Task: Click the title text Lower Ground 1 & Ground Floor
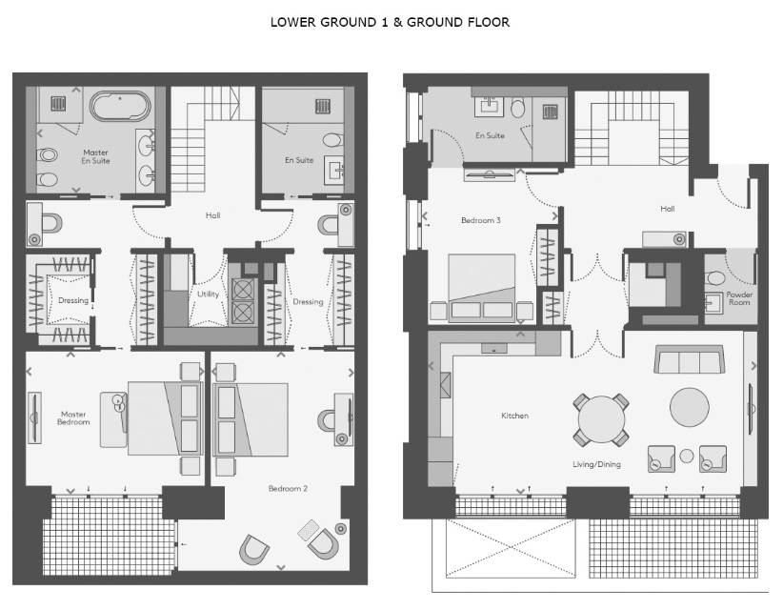(390, 23)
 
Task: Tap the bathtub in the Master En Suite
(120, 106)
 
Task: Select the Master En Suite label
(95, 156)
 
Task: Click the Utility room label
(209, 294)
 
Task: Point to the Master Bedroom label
(73, 417)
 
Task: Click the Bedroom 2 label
(288, 488)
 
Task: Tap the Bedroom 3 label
(481, 220)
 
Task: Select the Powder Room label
(739, 298)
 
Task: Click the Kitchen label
(514, 416)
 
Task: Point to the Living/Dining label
(596, 464)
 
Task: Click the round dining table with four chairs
(601, 419)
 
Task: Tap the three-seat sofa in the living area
(689, 359)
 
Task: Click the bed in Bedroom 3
(482, 286)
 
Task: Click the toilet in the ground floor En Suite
(518, 107)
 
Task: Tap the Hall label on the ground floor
(667, 209)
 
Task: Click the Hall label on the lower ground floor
(212, 215)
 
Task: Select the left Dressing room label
(73, 300)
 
